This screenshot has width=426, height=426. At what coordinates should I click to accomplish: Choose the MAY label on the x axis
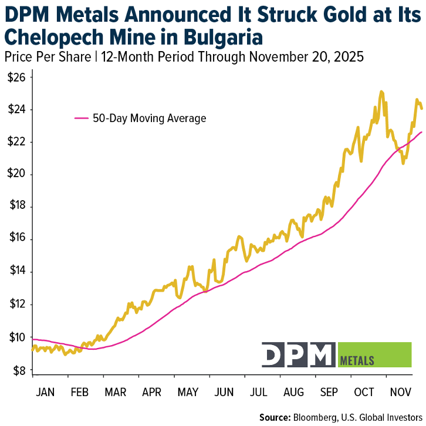click(x=188, y=392)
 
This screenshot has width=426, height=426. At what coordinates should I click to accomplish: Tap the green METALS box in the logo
click(x=375, y=354)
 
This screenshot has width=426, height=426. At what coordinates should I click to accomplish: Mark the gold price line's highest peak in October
click(x=381, y=92)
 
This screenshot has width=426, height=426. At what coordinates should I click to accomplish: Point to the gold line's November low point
click(x=403, y=163)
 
